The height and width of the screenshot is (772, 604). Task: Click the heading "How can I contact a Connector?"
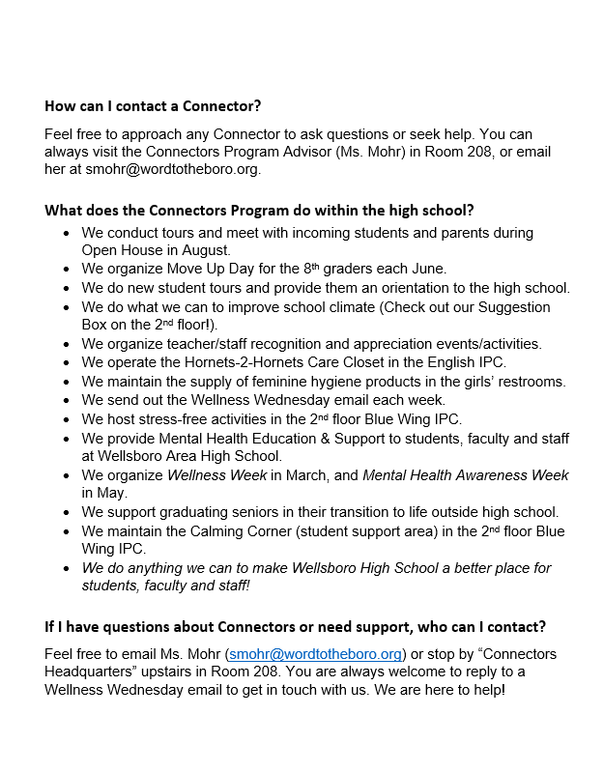pyautogui.click(x=153, y=105)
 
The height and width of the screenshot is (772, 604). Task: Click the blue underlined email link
pyautogui.click(x=313, y=654)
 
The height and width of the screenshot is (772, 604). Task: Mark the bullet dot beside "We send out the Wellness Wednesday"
pyautogui.click(x=66, y=400)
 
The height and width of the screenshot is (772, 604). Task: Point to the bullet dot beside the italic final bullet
pyautogui.click(x=66, y=568)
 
